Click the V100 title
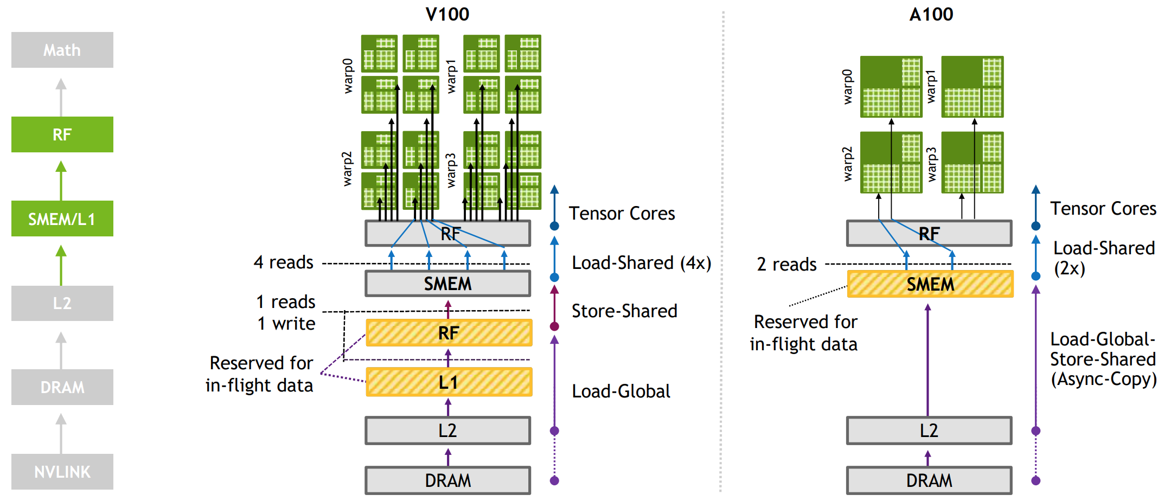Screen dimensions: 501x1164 pos(447,14)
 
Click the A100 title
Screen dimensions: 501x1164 pos(931,14)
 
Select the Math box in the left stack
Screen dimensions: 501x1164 pos(62,50)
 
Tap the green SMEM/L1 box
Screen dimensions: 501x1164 pos(62,219)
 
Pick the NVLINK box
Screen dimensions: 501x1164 pos(62,472)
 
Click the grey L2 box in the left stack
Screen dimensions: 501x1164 pos(62,303)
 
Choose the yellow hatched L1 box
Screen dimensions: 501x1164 pos(449,382)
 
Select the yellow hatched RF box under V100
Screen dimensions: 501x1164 pos(449,333)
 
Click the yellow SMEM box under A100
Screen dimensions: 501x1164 pos(930,284)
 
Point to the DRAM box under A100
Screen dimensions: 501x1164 pos(929,480)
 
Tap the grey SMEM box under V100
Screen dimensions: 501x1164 pos(447,284)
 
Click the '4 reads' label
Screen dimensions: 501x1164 pos(284,262)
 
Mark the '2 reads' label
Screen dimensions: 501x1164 pos(786,265)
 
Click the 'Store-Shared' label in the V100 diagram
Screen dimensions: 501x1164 pos(624,311)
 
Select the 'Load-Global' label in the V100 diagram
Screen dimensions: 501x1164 pos(621,391)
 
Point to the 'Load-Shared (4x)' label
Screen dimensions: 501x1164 pos(642,263)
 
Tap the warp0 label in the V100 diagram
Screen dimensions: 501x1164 pos(348,76)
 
